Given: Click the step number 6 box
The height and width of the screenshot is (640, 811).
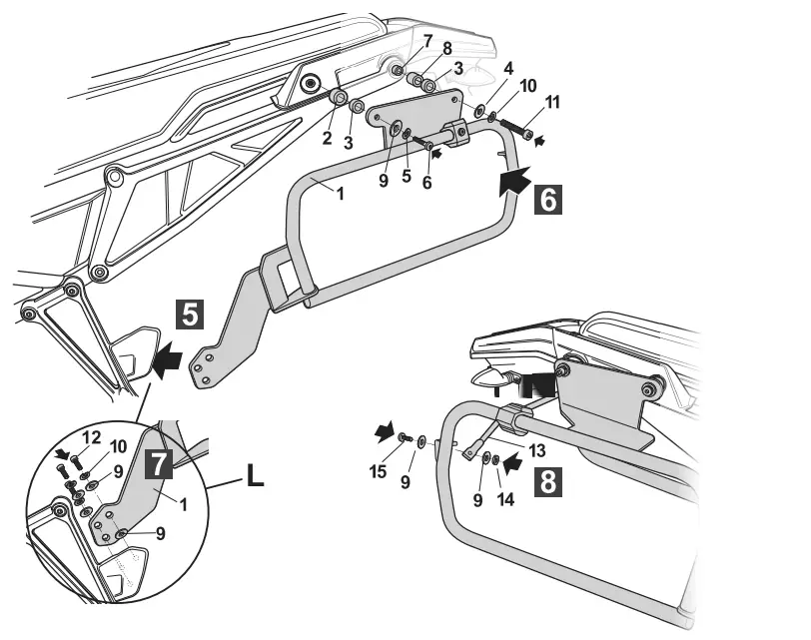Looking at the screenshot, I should [x=549, y=199].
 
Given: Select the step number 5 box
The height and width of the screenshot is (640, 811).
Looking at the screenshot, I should [x=192, y=315].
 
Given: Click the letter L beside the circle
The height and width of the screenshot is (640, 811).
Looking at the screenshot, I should [x=255, y=478].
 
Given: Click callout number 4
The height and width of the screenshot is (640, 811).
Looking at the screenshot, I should [x=480, y=69].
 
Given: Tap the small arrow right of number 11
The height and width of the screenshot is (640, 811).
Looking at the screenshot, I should [x=541, y=141].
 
